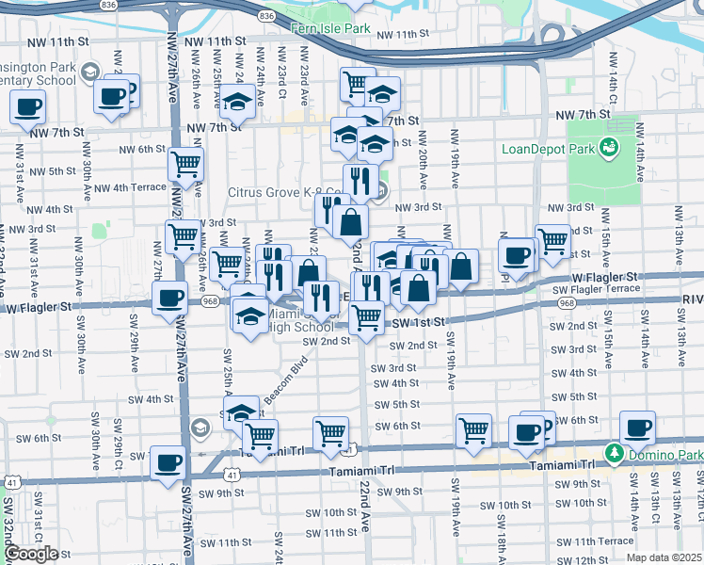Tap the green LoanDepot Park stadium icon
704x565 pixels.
point(610,146)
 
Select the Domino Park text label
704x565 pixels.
point(665,455)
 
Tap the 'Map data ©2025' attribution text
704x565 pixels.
point(663,557)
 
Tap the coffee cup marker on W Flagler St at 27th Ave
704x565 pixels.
point(169,299)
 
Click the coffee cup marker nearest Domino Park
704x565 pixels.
point(637,428)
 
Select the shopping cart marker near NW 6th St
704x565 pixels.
point(186,164)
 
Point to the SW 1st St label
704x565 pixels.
point(414,322)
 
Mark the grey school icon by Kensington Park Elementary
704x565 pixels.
point(88,73)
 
